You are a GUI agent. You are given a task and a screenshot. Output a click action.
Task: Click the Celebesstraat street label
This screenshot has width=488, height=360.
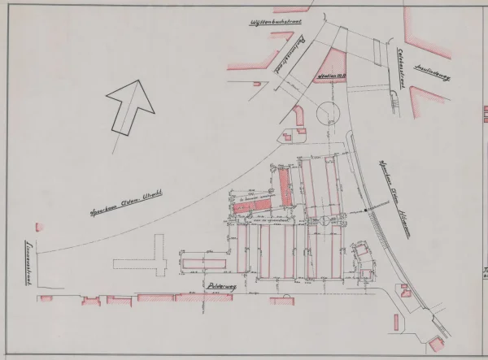tap(401, 63)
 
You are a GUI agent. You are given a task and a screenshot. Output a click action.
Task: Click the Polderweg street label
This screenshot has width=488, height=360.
tap(221, 287)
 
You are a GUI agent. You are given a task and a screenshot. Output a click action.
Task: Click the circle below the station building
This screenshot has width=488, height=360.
tap(331, 111)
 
